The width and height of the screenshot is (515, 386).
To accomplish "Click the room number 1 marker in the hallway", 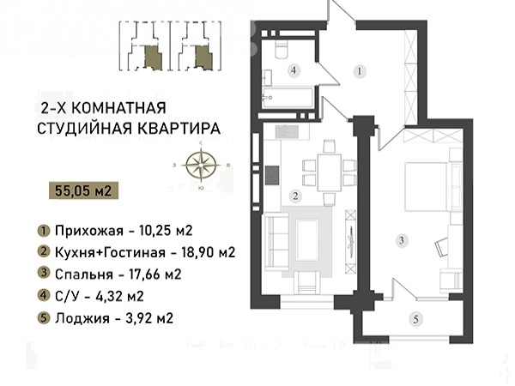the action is tap(360, 71).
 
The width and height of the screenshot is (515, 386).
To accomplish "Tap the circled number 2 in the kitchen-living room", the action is tap(295, 196).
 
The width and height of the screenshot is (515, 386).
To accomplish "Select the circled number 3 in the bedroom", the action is tap(402, 240).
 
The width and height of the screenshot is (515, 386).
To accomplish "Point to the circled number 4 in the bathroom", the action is tap(294, 70).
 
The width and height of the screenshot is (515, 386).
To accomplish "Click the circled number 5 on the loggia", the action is tap(416, 319).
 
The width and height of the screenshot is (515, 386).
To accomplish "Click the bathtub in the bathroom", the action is tap(288, 97).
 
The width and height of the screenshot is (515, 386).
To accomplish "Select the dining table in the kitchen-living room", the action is tap(329, 172).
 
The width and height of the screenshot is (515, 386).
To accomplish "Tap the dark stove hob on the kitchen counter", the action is tap(272, 175).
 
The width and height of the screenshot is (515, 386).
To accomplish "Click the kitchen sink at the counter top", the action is tap(287, 132).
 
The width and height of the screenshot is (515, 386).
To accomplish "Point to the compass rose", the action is tap(201, 165).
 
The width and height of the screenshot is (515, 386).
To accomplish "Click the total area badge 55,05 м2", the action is tap(83, 190).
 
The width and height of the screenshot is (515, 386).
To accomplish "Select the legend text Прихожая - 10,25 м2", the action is tap(124, 231).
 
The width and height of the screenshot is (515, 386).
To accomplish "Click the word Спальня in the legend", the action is tap(84, 274).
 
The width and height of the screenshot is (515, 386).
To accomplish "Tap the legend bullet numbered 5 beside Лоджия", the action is tap(44, 318).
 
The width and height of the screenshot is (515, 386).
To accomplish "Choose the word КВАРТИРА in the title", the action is tap(179, 129).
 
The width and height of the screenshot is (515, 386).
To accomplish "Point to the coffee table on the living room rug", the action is tap(307, 240).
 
